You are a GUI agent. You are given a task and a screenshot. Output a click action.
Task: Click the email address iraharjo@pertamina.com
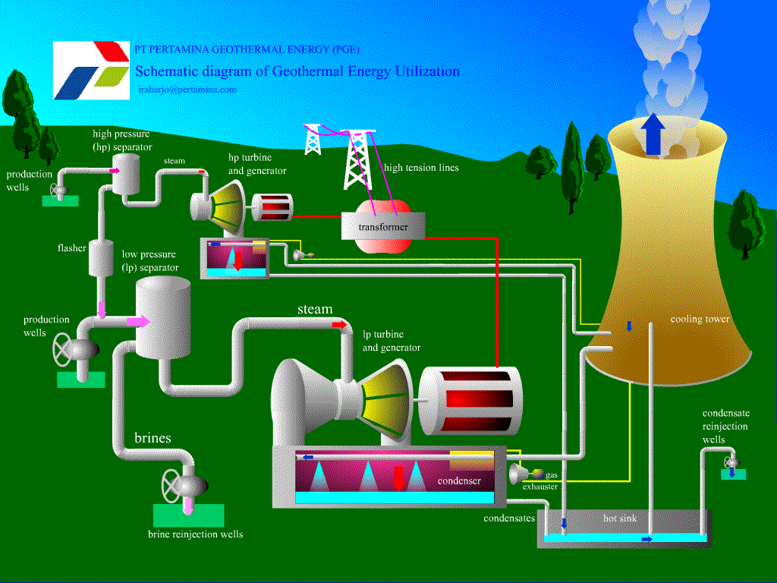(x=187, y=90)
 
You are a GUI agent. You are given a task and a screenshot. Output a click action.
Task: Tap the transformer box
(x=383, y=226)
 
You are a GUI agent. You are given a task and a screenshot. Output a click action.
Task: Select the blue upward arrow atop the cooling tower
(x=650, y=134)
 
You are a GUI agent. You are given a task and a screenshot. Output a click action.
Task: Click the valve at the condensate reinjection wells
(x=731, y=462)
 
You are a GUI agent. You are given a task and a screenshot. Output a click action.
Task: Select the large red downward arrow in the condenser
(x=398, y=477)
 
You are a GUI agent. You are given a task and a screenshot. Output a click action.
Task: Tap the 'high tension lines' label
(x=421, y=168)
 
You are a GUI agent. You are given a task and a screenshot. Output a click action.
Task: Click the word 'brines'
(x=153, y=438)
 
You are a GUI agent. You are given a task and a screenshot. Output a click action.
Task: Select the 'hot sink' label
(x=620, y=518)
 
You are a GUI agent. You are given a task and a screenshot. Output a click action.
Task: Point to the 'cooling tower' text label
(x=700, y=320)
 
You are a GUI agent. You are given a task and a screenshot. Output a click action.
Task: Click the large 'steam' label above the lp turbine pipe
(x=315, y=309)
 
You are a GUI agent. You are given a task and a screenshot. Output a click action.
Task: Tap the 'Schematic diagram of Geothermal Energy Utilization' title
(x=297, y=71)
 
